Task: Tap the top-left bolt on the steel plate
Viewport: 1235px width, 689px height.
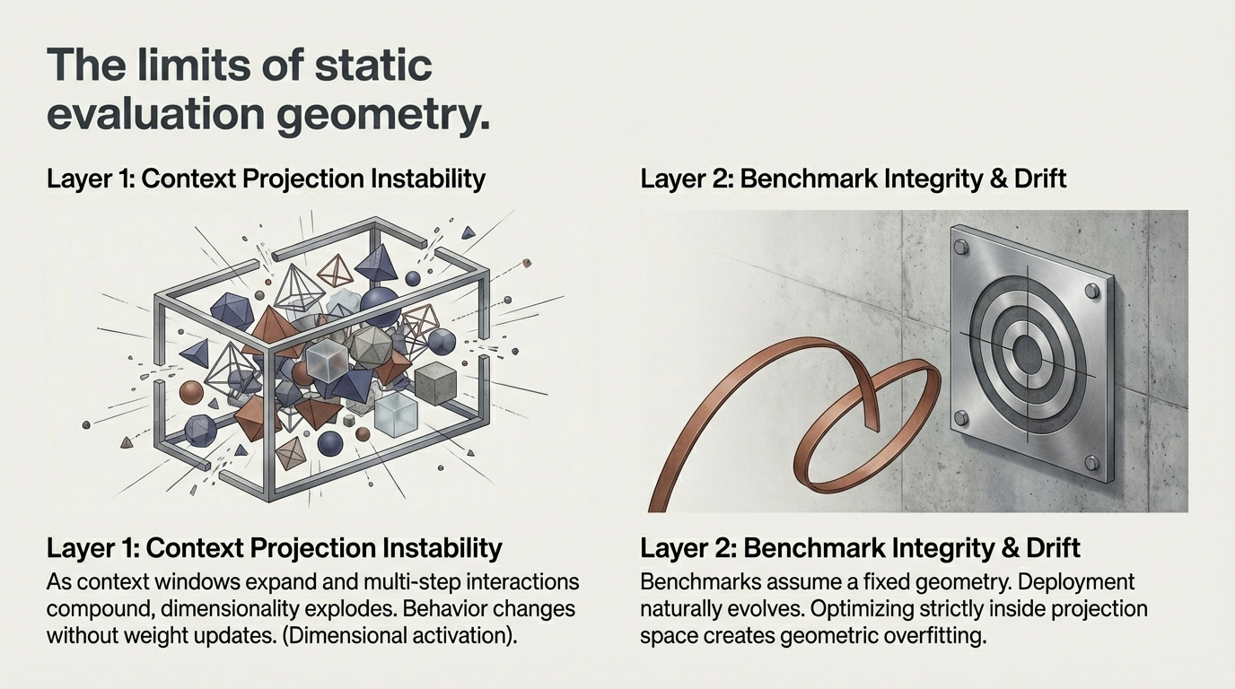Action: click(x=961, y=248)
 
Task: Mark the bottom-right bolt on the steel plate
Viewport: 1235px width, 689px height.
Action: click(x=1091, y=462)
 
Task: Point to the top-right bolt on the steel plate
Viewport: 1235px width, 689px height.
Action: click(x=1092, y=291)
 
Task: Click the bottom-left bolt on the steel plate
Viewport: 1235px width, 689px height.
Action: click(x=961, y=417)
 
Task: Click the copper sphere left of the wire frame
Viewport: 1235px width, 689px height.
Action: click(x=190, y=392)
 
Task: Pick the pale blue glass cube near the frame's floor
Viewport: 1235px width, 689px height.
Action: click(x=396, y=415)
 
